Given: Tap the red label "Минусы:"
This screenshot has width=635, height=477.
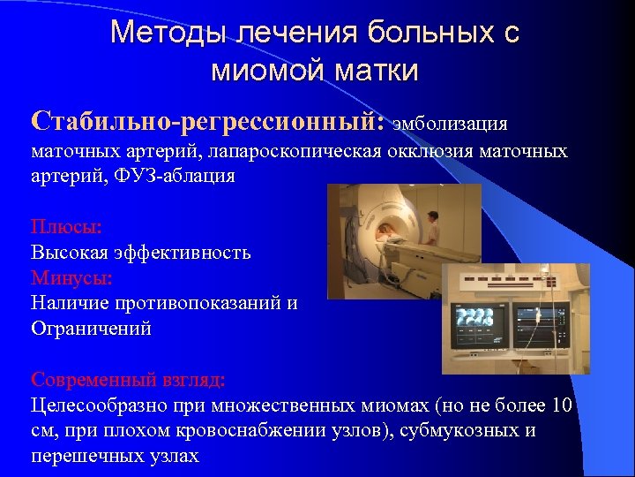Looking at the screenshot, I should (x=71, y=277).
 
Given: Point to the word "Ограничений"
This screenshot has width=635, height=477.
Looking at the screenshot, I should (x=91, y=329).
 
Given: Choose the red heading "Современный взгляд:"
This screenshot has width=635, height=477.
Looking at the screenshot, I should (x=128, y=380).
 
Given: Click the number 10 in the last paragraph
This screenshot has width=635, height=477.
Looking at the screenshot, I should (x=561, y=405).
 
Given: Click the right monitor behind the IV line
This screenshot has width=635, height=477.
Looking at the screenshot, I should (x=541, y=325).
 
